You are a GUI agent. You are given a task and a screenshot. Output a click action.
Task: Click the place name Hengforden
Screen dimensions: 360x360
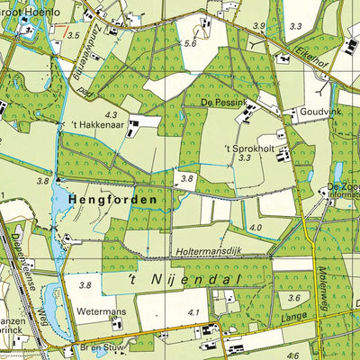[110, 198]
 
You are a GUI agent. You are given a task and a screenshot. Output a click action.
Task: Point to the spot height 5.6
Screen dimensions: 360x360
[190, 43]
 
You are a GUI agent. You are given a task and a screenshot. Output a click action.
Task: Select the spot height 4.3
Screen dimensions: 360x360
[112, 114]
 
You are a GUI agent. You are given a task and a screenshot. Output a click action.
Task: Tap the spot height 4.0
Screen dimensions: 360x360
[256, 228]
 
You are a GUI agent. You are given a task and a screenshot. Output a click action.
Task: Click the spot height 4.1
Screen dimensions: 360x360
[193, 312]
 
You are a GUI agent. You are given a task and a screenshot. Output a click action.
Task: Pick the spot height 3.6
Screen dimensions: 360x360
[292, 298]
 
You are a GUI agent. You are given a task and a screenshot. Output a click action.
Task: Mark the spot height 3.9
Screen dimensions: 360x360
[259, 26]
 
